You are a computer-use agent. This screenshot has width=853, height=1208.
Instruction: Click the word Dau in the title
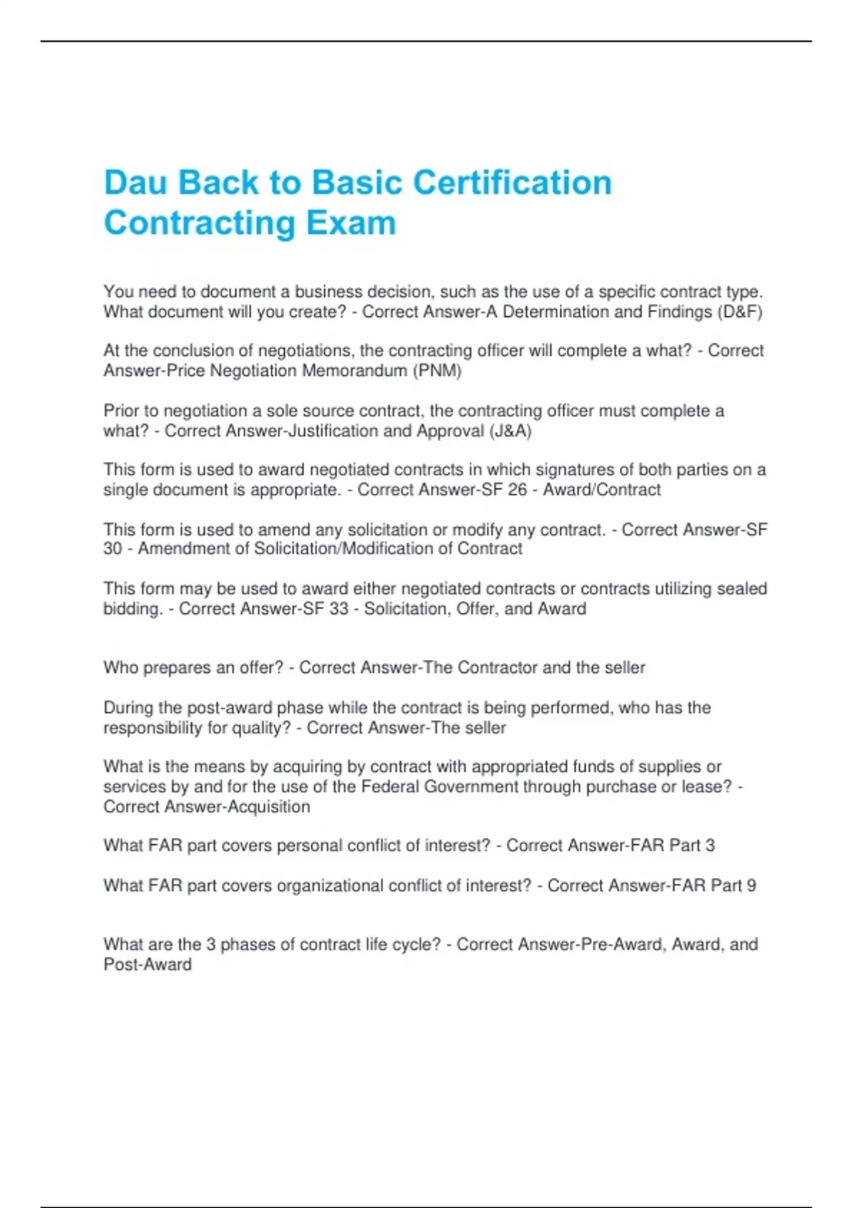tap(135, 183)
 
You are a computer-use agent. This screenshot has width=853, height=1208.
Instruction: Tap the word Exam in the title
tap(351, 222)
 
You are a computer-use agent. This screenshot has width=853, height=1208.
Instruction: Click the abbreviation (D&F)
tap(739, 312)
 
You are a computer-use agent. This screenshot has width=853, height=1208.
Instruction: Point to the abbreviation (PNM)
tap(437, 371)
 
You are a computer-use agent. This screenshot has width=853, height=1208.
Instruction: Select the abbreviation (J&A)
tap(510, 431)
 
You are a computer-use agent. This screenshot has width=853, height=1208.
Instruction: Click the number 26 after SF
tap(517, 490)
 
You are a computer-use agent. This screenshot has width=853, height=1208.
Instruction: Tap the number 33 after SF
tap(338, 608)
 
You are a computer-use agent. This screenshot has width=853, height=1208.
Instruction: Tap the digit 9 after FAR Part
tap(751, 885)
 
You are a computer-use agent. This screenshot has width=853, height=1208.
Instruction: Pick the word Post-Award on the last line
tap(148, 964)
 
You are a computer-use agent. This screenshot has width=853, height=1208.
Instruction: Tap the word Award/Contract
tap(602, 490)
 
